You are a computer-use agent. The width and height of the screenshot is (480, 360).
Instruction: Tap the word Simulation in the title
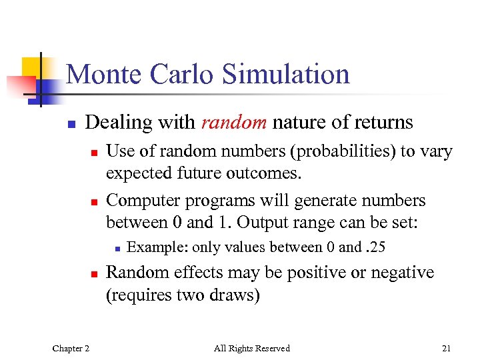pyautogui.click(x=286, y=73)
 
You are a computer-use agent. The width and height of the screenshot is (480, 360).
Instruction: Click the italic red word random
pyautogui.click(x=230, y=123)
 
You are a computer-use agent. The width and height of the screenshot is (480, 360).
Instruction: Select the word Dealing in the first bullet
pyautogui.click(x=115, y=123)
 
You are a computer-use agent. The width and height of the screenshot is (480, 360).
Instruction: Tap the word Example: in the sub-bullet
pyautogui.click(x=157, y=247)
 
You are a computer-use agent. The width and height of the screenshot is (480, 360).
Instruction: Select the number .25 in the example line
pyautogui.click(x=375, y=247)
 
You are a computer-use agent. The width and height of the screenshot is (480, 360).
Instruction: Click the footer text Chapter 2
pyautogui.click(x=71, y=348)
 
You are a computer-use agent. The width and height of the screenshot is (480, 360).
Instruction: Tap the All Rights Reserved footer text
pyautogui.click(x=251, y=348)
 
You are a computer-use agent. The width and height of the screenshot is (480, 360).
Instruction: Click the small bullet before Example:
pyautogui.click(x=116, y=249)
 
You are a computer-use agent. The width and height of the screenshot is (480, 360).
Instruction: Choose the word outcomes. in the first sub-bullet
pyautogui.click(x=267, y=173)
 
